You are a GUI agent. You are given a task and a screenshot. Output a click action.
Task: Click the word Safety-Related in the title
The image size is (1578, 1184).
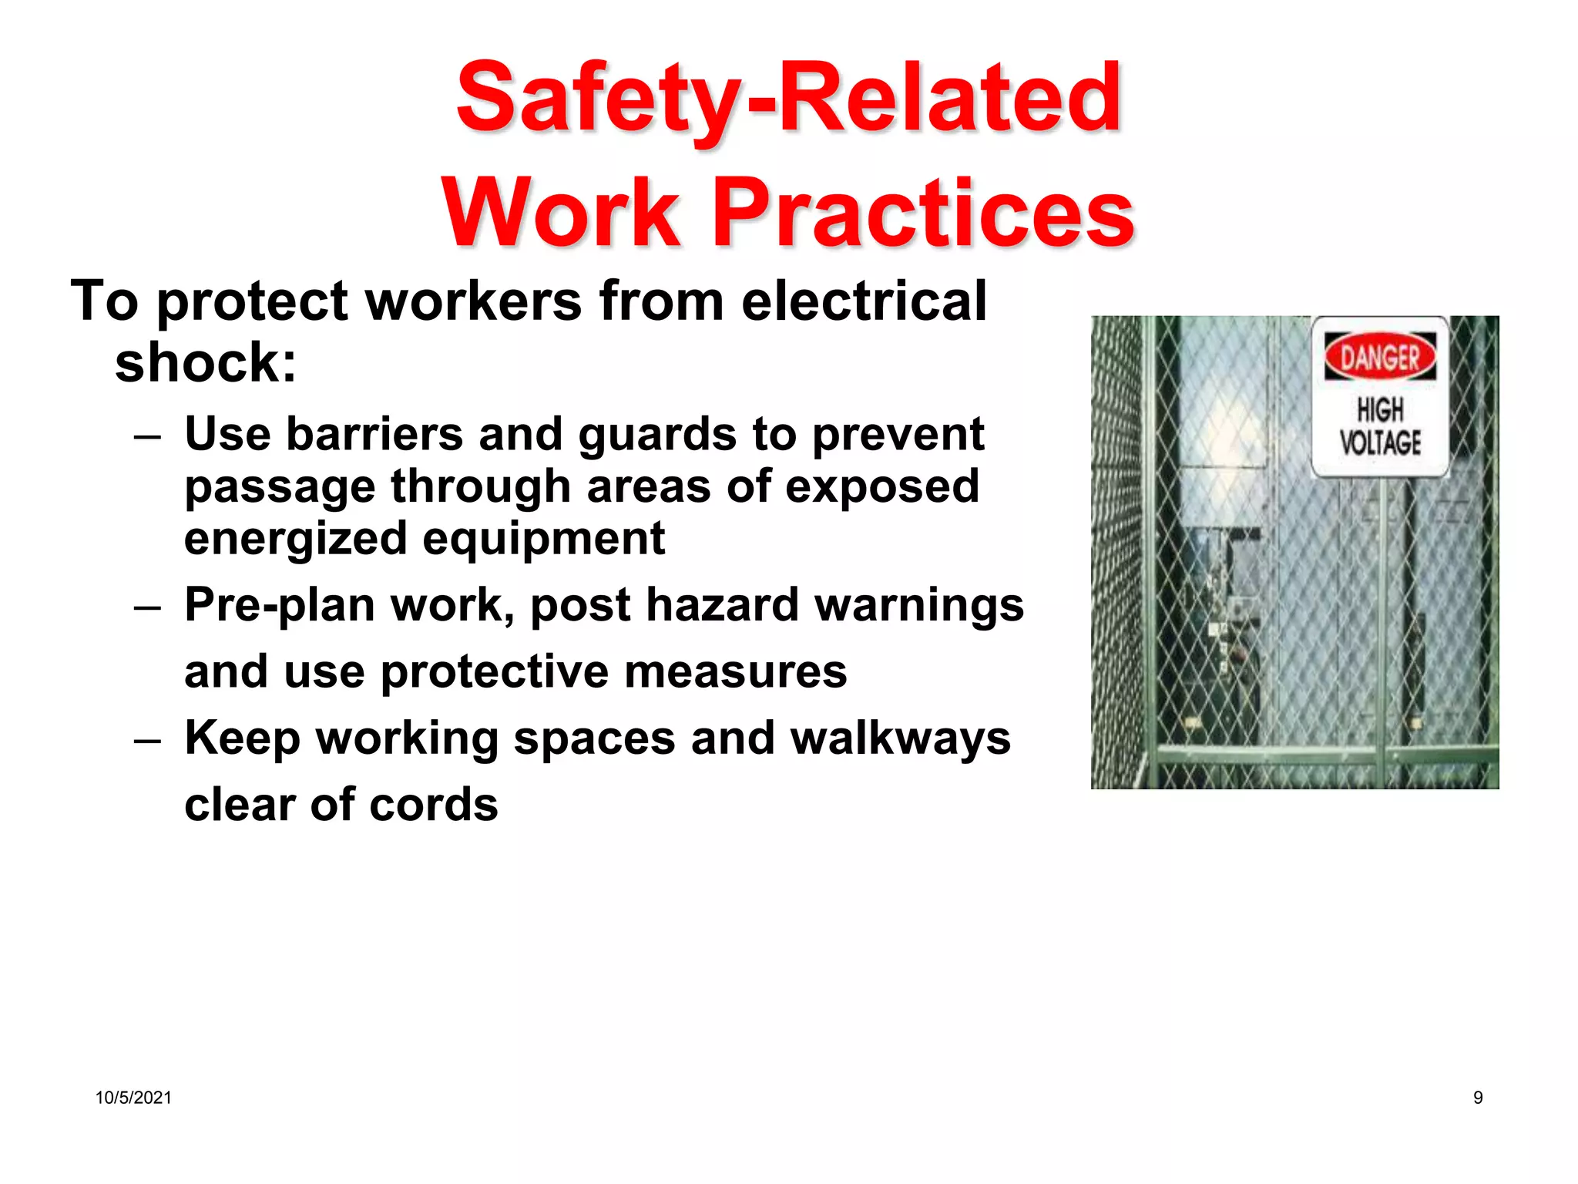click(787, 99)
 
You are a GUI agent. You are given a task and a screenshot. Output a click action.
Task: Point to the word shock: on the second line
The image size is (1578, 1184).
click(205, 362)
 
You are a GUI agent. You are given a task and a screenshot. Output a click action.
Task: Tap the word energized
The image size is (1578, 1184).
click(295, 538)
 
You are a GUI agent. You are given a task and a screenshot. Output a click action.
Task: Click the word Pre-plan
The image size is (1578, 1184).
click(279, 606)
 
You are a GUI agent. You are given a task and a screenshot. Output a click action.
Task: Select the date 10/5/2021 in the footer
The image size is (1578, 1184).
click(133, 1098)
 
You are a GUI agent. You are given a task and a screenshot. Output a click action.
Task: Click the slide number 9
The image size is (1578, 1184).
click(1477, 1098)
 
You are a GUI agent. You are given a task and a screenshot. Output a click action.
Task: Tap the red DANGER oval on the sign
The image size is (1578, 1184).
click(1380, 357)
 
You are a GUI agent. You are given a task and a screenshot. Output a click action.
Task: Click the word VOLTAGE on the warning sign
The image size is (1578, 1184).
click(1379, 443)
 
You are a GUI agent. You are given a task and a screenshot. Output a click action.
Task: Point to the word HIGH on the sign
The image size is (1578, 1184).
click(1380, 409)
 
